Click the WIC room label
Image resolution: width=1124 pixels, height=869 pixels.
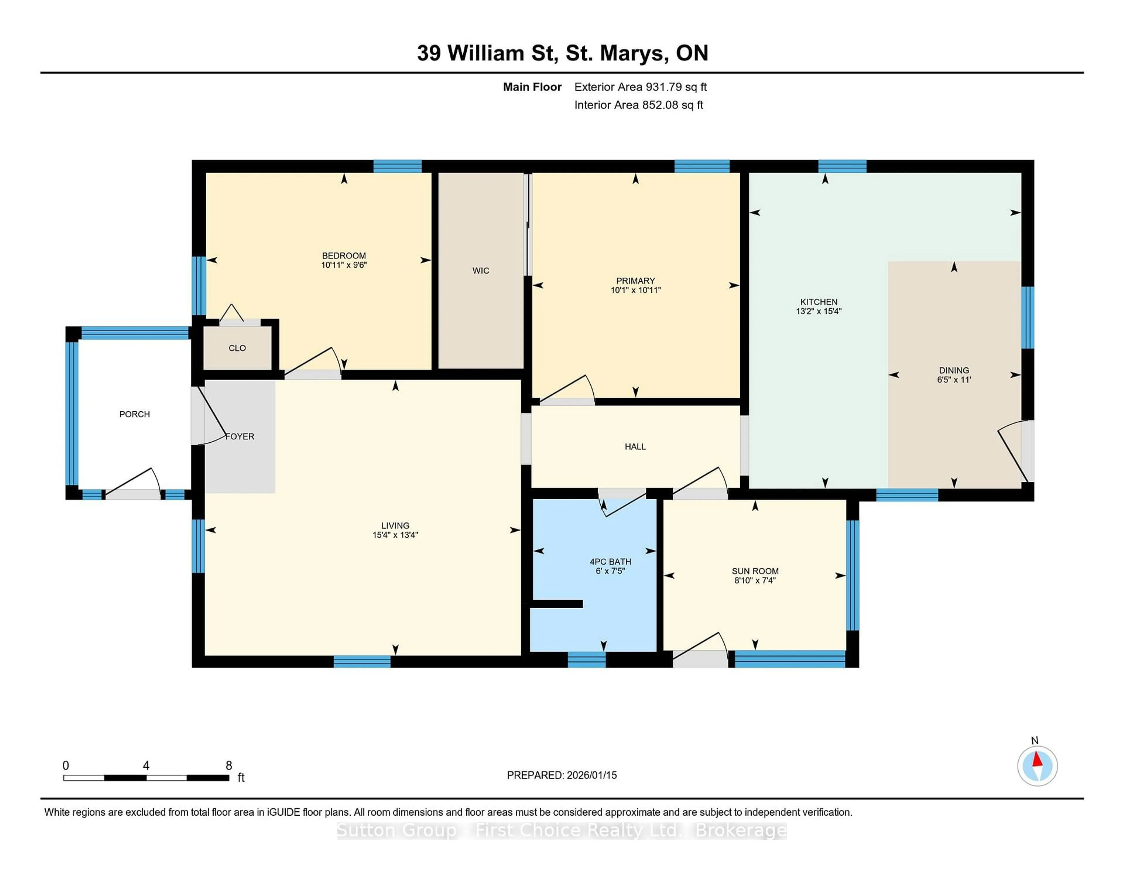coord(481,271)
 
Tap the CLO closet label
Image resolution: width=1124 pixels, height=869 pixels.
coord(237,348)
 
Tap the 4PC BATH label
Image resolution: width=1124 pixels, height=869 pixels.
coord(610,562)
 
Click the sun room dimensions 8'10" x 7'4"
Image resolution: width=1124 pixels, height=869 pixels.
coord(755,581)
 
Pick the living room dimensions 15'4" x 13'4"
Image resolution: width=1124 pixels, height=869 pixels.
coord(395,535)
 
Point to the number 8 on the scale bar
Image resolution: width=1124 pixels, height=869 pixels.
coord(229,766)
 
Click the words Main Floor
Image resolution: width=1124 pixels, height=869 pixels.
coord(532,87)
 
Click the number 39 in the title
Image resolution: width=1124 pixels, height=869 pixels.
coord(429,53)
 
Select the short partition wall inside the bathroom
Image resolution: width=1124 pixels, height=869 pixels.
coord(557,604)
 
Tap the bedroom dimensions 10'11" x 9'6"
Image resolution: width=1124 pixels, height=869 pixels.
coord(344,265)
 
